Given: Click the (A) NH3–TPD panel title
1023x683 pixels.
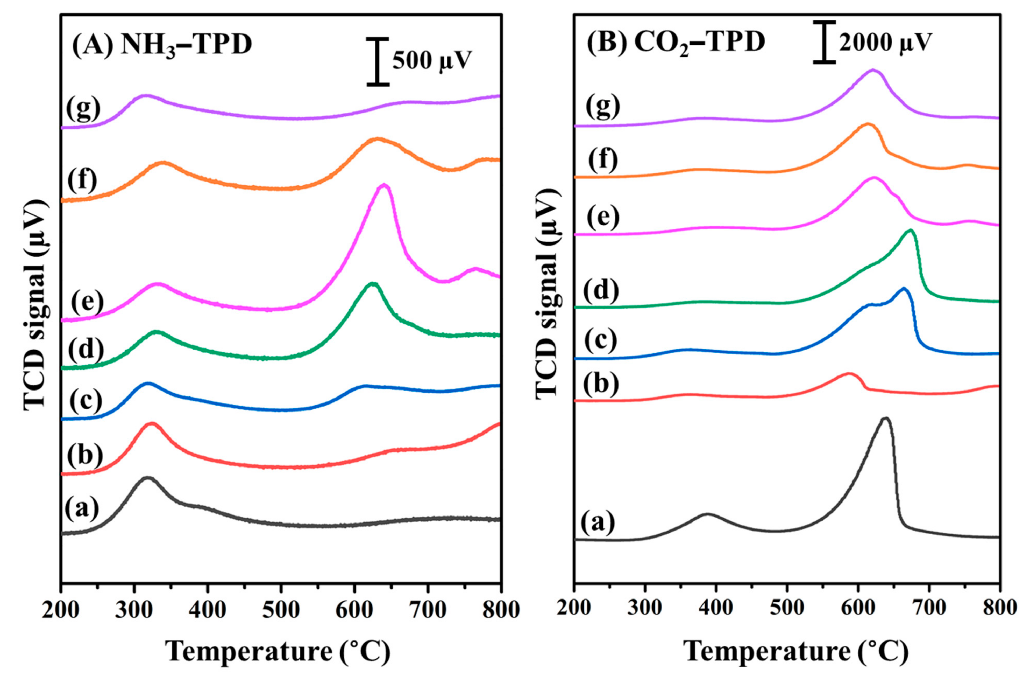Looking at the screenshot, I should click(x=162, y=45).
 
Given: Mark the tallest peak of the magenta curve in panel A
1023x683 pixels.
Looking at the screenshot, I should click(x=383, y=186).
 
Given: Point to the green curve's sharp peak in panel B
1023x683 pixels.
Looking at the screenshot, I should click(x=910, y=231).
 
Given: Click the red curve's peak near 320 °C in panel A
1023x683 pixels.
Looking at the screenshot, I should click(x=152, y=423).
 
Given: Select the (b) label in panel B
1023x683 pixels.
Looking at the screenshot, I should click(x=601, y=385).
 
